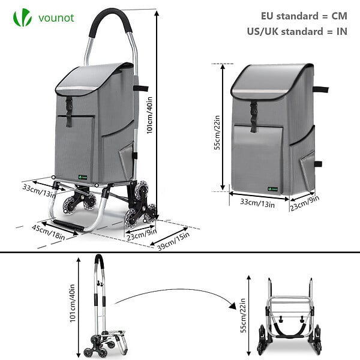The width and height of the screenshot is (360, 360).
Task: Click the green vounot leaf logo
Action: (x=22, y=17)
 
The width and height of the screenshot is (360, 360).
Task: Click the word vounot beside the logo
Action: (x=56, y=18)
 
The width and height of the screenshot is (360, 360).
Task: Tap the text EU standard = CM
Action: (x=304, y=16)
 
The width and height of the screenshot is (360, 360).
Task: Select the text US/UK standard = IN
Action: (x=297, y=31)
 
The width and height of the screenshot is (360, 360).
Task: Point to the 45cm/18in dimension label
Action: (x=48, y=232)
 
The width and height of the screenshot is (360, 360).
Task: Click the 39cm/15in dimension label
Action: (x=173, y=242)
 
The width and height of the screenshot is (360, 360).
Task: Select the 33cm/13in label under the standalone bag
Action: (x=257, y=203)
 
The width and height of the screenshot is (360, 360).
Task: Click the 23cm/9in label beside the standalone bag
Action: (x=305, y=203)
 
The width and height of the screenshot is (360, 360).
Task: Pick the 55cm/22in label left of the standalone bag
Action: (x=217, y=133)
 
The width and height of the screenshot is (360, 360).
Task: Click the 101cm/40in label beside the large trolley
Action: (x=149, y=115)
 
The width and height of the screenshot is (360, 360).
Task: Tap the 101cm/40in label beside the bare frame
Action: (x=73, y=303)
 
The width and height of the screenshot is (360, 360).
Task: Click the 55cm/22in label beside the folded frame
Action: (x=244, y=316)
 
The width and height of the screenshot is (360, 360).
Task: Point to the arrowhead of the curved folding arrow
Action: (x=233, y=306)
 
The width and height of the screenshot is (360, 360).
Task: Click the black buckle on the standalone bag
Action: (x=253, y=117)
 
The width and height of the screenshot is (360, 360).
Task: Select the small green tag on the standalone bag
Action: (x=273, y=189)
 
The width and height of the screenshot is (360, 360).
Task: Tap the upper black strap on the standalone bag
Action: (x=321, y=90)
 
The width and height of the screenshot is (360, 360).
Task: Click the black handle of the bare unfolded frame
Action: (x=99, y=260)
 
